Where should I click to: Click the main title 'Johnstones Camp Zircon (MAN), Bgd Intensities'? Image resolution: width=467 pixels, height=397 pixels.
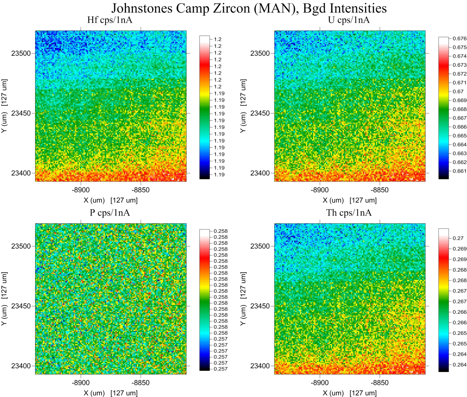pos(249,8)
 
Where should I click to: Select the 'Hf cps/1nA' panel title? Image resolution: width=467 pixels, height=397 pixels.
pos(110,20)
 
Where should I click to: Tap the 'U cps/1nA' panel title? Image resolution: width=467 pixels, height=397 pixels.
pos(349,20)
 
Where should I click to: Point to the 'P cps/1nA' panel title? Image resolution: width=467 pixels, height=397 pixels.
pos(110,213)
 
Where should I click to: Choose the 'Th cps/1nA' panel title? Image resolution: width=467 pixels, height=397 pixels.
pos(349,213)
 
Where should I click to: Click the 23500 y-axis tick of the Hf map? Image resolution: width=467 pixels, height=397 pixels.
pos(21,53)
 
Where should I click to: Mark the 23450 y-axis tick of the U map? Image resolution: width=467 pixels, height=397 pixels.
pos(260,113)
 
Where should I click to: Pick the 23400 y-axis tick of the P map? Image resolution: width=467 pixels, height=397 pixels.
pos(21,366)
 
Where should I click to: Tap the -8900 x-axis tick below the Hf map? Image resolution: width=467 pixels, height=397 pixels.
pos(81,190)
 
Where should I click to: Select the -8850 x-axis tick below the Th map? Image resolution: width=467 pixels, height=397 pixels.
pos(379,383)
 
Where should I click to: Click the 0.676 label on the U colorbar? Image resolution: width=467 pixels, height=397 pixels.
pos(459,39)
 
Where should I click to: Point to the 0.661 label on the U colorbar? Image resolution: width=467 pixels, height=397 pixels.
pos(459,171)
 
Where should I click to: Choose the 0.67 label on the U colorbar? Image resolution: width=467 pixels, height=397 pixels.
pos(458,91)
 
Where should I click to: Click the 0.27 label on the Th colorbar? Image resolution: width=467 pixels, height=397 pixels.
pos(458,238)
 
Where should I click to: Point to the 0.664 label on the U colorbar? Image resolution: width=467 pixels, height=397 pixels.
pos(459,144)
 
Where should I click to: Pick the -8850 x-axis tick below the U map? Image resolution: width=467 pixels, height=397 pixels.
pos(379,190)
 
